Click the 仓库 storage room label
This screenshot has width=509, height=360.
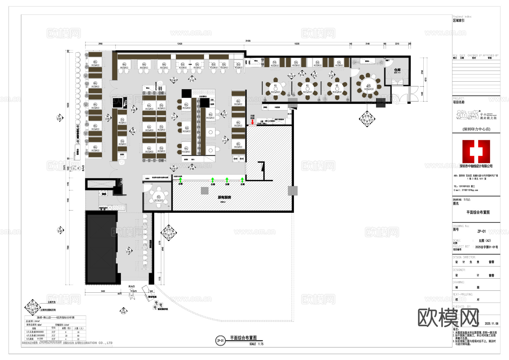(397, 70)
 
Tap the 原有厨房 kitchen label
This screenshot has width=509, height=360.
(224, 197)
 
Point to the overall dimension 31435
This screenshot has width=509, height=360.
(248, 41)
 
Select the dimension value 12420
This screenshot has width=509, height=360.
(180, 44)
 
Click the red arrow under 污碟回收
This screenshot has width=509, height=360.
(253, 122)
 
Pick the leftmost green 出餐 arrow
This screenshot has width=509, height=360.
(180, 180)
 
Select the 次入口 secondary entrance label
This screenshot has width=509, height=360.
(131, 286)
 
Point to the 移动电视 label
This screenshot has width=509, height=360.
(152, 297)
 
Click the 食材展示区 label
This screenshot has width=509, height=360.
(163, 309)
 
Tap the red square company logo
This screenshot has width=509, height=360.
(476, 151)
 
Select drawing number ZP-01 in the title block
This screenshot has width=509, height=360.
(481, 231)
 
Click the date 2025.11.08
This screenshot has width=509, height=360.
(491, 324)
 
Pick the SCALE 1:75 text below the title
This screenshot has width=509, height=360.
(256, 344)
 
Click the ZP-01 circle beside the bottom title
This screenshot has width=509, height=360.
(220, 341)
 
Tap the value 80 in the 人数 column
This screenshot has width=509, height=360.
(78, 336)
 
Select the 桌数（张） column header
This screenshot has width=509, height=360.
(66, 328)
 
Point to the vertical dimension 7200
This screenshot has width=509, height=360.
(68, 247)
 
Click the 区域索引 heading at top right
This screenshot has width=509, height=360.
(458, 21)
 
